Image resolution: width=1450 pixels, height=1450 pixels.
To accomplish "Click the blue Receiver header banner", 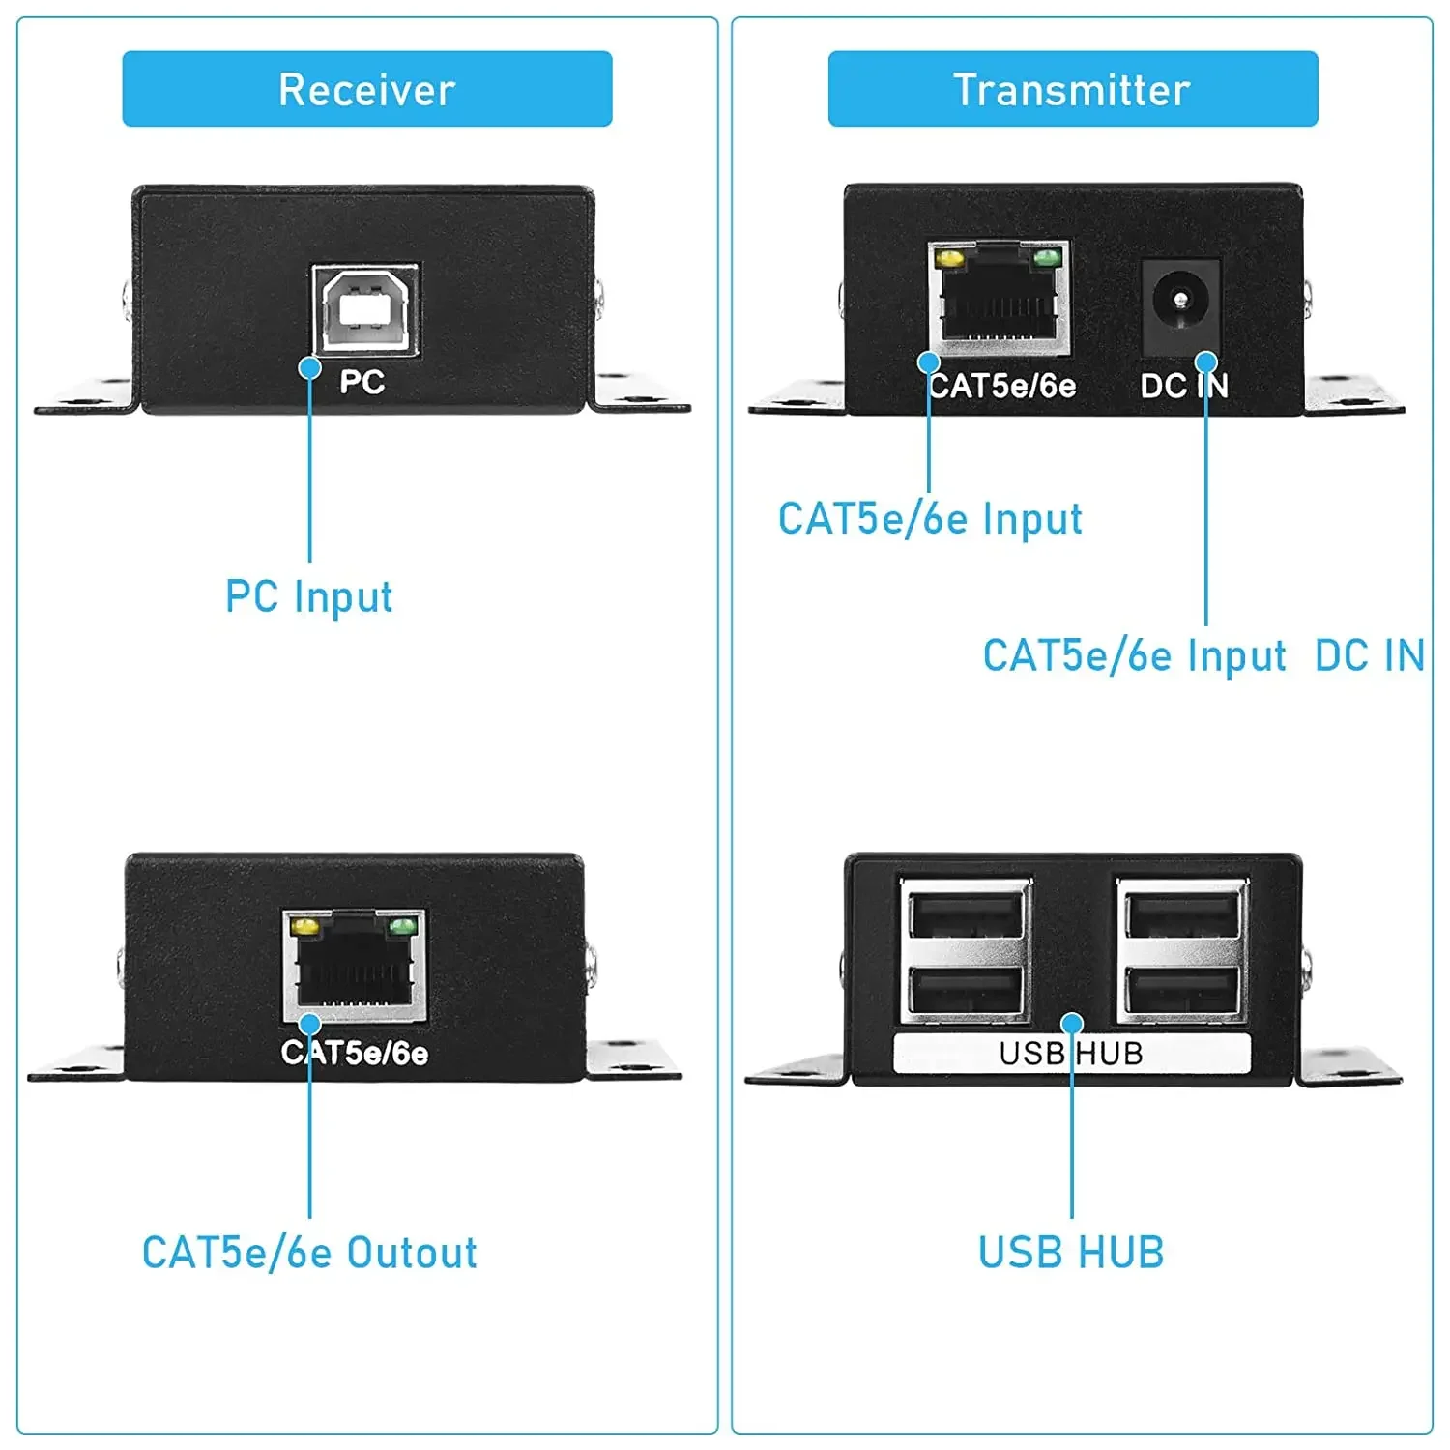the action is [367, 89].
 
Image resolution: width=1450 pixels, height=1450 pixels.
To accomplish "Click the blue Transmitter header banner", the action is [1073, 89].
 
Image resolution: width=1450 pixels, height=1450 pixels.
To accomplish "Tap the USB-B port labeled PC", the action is [365, 309].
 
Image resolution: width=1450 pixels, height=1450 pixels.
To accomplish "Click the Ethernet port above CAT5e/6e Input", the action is [1000, 299].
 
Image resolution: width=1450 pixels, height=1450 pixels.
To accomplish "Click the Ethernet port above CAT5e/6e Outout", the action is [355, 966].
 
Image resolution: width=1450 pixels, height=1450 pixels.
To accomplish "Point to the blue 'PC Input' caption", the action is [309, 597].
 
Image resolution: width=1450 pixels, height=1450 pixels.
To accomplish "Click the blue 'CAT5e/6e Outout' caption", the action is [309, 1253].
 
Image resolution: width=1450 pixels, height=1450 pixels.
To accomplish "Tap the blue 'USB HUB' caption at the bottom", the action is [1071, 1253].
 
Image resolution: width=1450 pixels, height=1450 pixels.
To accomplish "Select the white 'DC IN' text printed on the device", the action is [1184, 387].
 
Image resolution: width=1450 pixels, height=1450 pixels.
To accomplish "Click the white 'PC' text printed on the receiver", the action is [362, 383].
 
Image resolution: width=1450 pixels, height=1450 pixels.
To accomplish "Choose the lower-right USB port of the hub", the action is [1182, 990].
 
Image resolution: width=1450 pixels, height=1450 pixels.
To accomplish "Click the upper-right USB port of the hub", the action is [1182, 914].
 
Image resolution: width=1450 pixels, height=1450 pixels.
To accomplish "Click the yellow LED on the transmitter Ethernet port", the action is [950, 259].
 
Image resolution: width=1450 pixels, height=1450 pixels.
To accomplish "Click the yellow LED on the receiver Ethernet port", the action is [305, 927].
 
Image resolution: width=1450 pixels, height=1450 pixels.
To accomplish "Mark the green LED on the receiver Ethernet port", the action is [402, 927].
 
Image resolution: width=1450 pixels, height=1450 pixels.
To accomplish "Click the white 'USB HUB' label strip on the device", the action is [1071, 1053].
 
